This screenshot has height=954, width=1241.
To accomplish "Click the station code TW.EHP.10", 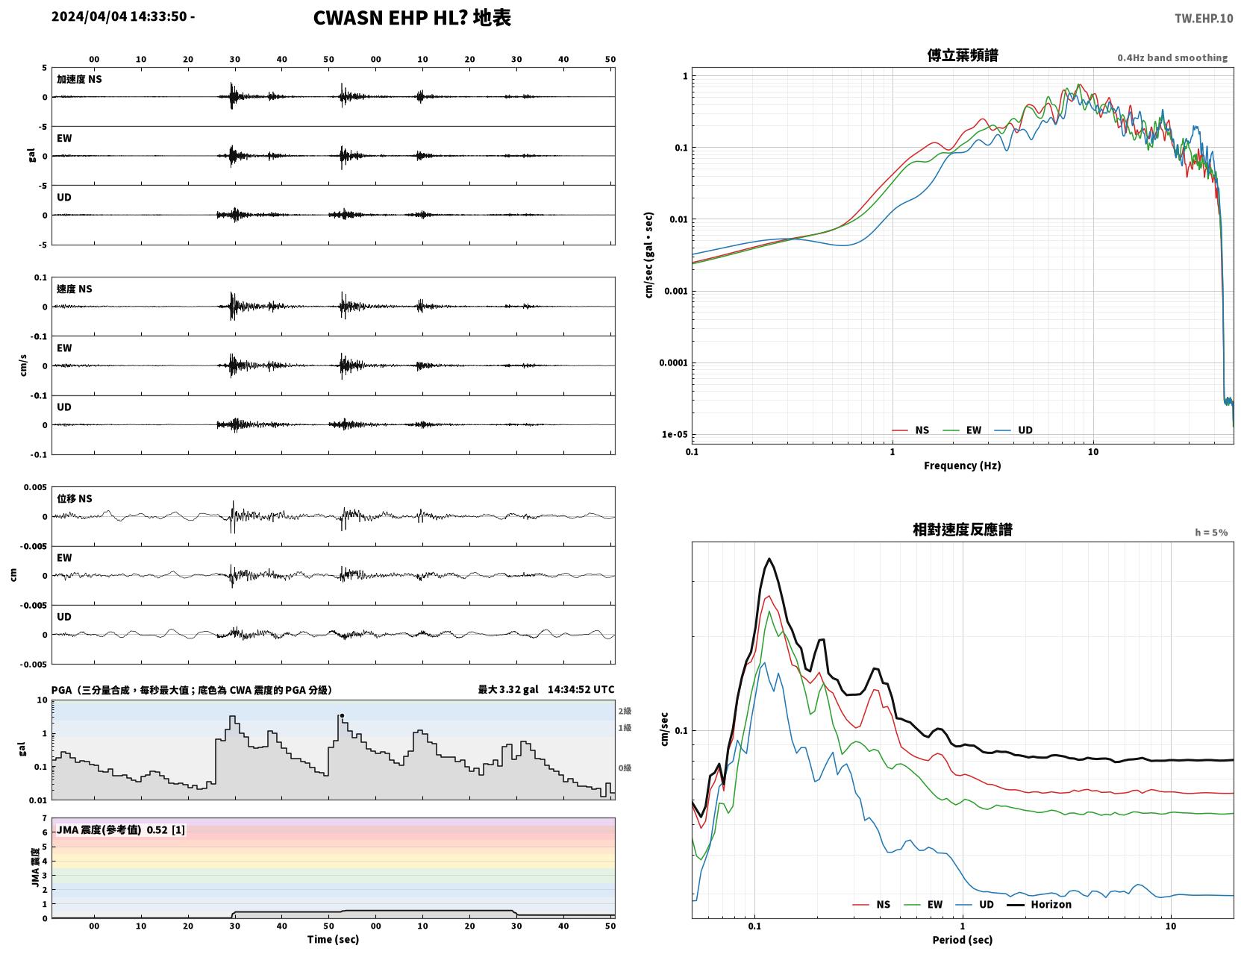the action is click(1203, 18).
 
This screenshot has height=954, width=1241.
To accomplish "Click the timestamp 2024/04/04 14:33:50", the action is click(119, 16).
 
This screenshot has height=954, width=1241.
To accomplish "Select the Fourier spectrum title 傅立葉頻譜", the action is click(963, 55).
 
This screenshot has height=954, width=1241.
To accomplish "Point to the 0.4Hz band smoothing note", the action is click(1172, 57).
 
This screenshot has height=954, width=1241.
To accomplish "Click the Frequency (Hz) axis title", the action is click(963, 465).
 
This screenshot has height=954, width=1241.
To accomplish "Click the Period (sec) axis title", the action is click(963, 940).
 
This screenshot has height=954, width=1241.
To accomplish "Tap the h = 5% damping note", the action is click(1210, 533).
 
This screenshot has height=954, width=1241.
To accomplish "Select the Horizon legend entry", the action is click(1040, 904).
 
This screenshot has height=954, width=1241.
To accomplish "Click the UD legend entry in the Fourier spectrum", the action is click(1013, 430).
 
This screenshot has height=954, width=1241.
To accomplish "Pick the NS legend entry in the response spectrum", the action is click(872, 904).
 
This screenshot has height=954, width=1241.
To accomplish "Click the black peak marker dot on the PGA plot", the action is click(342, 715).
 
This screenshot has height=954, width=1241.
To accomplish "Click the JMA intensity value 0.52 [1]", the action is click(166, 829).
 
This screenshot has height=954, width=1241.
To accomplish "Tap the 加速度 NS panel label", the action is click(79, 79).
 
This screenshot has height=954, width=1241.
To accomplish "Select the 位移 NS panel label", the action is click(74, 499).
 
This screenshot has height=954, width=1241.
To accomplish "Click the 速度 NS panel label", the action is click(74, 289).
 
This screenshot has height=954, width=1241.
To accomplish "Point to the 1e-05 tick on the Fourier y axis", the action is click(675, 434).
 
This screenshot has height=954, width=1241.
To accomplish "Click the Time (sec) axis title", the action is click(333, 939).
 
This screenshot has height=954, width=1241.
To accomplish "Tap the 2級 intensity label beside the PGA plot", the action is click(625, 711).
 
